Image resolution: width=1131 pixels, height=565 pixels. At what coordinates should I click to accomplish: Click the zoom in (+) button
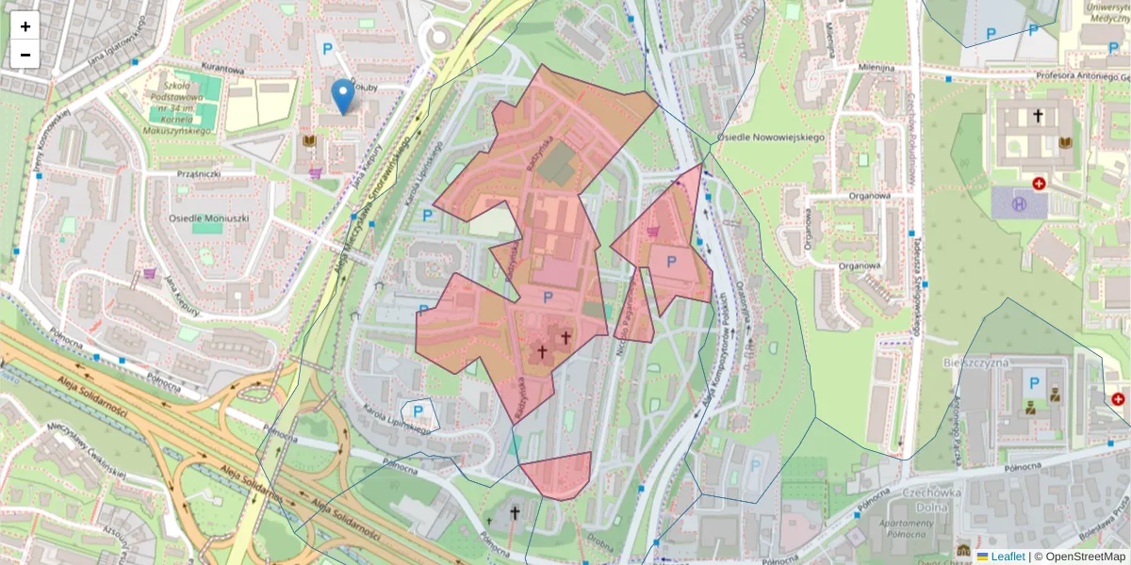(x=25, y=25)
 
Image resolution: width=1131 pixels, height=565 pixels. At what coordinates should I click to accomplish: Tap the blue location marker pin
(x=343, y=95)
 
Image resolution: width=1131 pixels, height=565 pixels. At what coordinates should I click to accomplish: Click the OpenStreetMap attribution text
(x=1079, y=557)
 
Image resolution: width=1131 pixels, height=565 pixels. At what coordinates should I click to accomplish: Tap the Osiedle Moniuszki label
(x=207, y=218)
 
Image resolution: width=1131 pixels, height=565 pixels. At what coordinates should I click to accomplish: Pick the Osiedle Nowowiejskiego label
(x=771, y=137)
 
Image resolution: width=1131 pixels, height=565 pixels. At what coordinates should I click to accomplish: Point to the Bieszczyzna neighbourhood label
(x=975, y=362)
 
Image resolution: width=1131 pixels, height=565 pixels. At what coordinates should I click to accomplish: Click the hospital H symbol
(x=1018, y=202)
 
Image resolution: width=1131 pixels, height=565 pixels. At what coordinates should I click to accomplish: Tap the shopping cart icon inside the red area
(x=652, y=230)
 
